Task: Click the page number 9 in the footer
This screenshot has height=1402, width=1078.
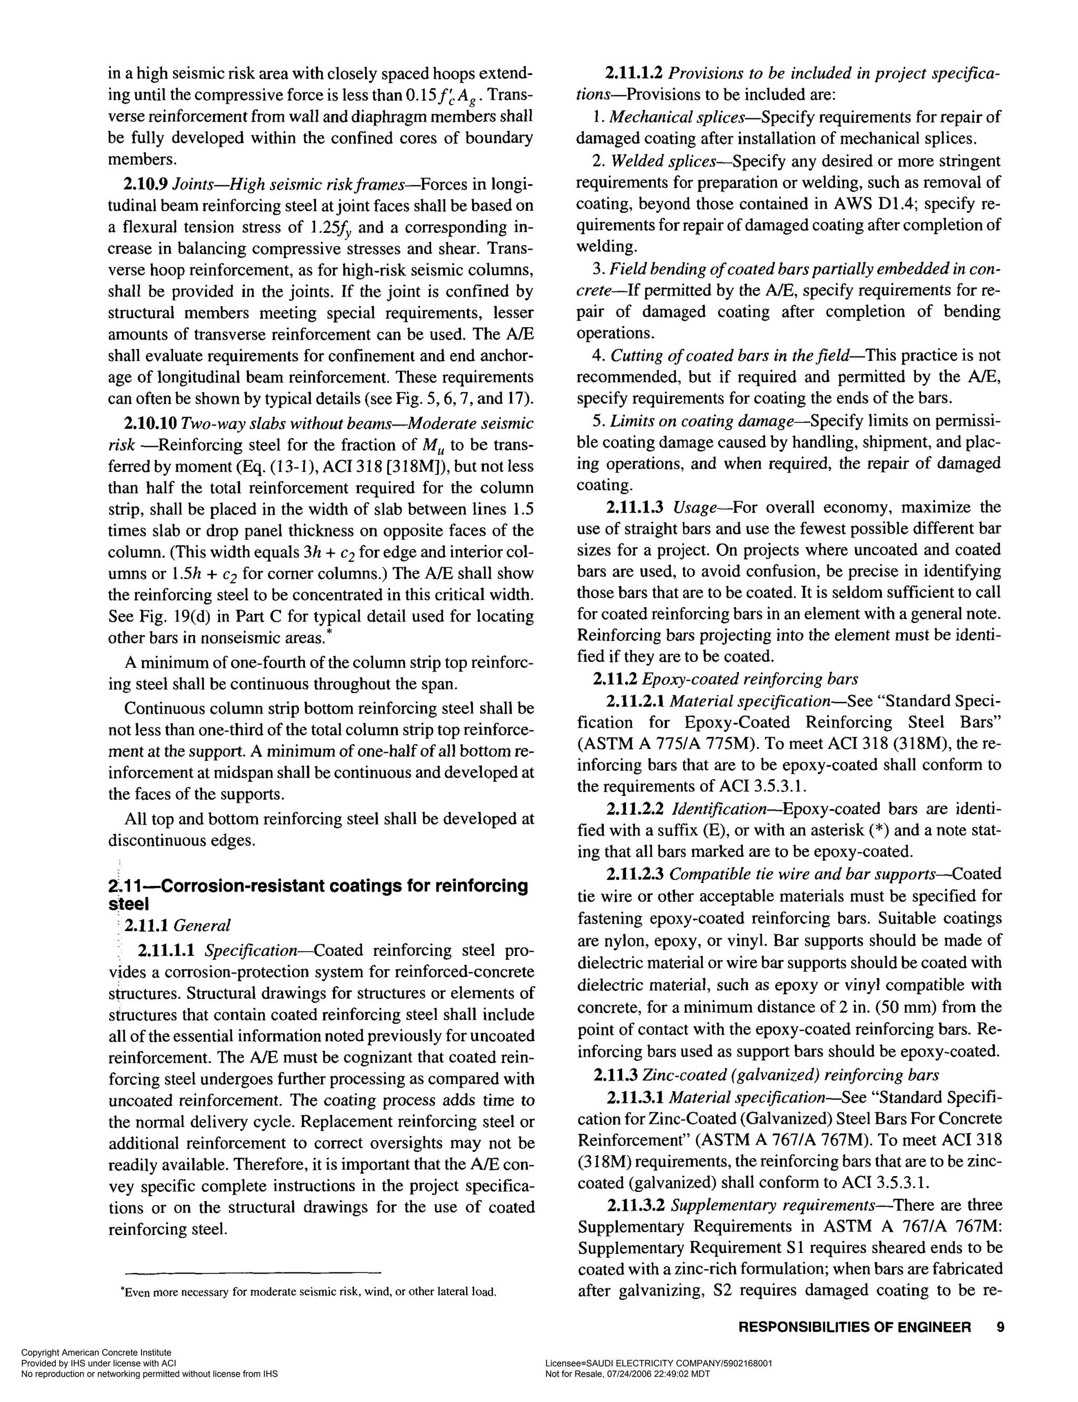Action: tap(1000, 1326)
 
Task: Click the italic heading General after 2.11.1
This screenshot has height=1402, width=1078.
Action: tap(202, 926)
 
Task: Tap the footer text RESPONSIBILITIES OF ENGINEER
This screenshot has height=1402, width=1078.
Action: tap(855, 1327)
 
